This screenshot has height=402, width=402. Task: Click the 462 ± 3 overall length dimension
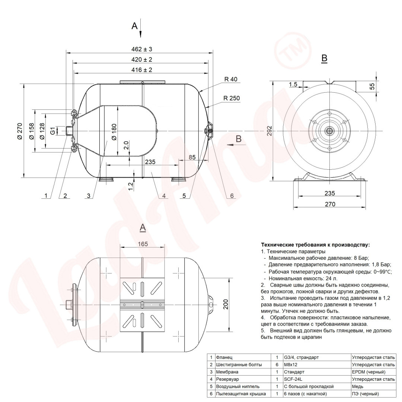[142, 49]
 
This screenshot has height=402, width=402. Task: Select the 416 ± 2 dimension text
[142, 70]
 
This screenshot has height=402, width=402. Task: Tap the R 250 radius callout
[232, 98]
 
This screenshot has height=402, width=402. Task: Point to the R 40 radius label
[231, 79]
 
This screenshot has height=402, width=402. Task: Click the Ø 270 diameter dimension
[20, 131]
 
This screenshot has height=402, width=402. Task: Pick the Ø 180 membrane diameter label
[114, 132]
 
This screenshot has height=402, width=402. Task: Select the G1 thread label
[52, 131]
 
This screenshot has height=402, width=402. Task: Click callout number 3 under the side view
[89, 196]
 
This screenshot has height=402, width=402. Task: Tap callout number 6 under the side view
[232, 196]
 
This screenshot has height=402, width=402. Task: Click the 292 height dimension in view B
[269, 131]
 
